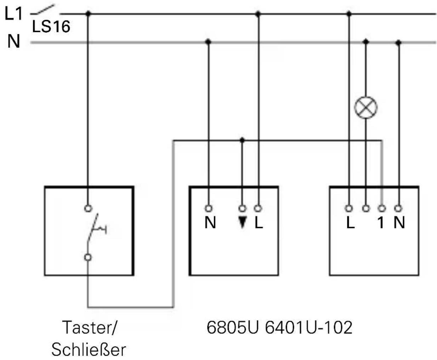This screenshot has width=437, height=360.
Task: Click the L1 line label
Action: tap(13, 14)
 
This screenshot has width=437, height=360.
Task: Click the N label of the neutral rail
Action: tap(13, 42)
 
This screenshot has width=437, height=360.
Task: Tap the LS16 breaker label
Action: tap(51, 27)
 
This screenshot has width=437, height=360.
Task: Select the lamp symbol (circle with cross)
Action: tap(366, 108)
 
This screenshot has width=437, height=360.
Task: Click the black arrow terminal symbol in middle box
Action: tap(242, 222)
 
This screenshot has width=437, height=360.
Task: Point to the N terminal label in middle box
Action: tap(210, 223)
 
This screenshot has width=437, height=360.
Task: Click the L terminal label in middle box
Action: tap(259, 223)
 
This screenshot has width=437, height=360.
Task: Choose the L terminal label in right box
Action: tap(350, 223)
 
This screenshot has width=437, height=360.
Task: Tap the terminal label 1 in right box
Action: tap(381, 223)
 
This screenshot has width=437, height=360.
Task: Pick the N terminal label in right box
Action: tap(399, 223)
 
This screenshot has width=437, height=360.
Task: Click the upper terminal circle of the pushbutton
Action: tap(88, 208)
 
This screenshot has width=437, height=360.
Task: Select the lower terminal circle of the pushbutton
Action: tap(88, 257)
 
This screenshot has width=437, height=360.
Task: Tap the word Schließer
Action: tap(89, 349)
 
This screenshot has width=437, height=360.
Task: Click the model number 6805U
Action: tap(233, 327)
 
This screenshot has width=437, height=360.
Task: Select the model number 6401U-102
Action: tap(309, 327)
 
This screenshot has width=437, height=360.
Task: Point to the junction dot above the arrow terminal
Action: tap(242, 140)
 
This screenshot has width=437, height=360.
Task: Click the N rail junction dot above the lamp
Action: tap(366, 42)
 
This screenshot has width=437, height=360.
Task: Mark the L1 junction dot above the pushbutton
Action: tap(88, 14)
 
